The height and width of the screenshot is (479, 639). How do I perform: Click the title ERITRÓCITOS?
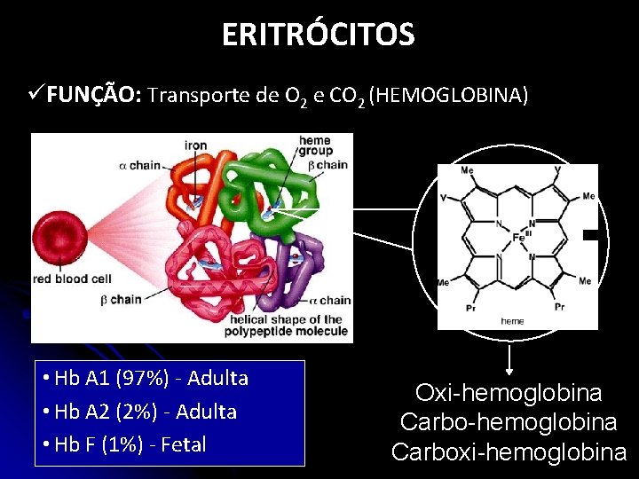[318, 35]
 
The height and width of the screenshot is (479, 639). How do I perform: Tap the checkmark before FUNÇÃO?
[36, 95]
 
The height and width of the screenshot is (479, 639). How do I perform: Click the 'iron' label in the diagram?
[196, 145]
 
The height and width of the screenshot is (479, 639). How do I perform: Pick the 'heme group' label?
[315, 145]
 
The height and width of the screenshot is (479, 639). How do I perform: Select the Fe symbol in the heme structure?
[517, 238]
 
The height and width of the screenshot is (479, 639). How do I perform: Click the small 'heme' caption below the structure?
[512, 321]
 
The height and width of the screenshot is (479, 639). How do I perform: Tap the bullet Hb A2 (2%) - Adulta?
[139, 412]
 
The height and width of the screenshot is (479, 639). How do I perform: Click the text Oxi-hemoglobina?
[509, 393]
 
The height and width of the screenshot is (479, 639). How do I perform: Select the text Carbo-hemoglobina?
[509, 422]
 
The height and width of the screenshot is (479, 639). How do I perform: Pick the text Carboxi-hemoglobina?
[509, 452]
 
